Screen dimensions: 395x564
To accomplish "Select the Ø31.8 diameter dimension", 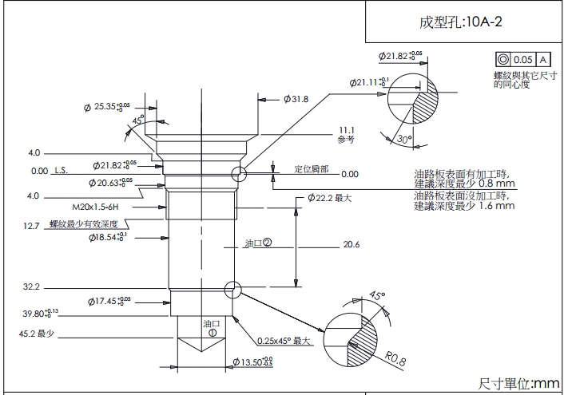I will pyautogui.click(x=295, y=99).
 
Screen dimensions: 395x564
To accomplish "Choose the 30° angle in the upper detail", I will pyautogui.click(x=404, y=139).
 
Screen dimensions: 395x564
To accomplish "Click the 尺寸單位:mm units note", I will pyautogui.click(x=519, y=384).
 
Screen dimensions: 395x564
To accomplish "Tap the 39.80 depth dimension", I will pyautogui.click(x=42, y=313).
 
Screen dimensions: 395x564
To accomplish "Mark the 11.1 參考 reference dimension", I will pyautogui.click(x=346, y=134).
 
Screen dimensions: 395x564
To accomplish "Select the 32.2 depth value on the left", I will pyautogui.click(x=33, y=286).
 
